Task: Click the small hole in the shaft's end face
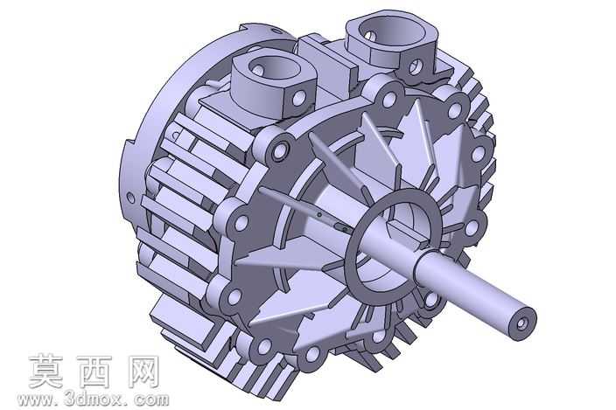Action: [x=521, y=323]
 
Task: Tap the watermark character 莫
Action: [x=46, y=372]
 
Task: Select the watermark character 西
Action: [x=94, y=372]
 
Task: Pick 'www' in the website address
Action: [x=35, y=400]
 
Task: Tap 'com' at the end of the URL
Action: [x=151, y=400]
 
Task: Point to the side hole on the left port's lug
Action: [x=299, y=97]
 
